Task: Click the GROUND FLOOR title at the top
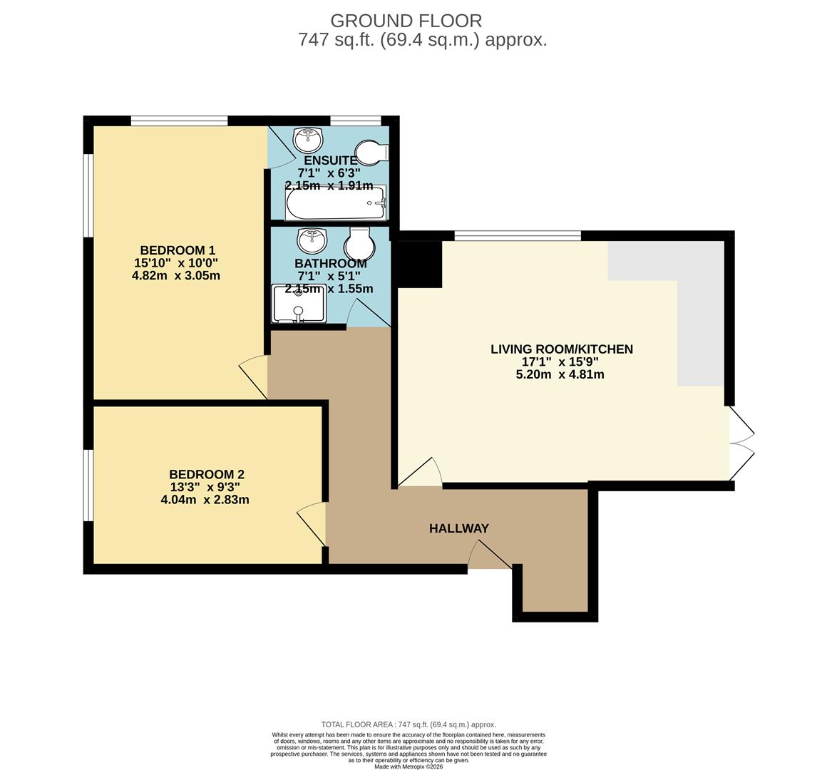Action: [406, 21]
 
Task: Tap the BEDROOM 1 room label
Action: [178, 250]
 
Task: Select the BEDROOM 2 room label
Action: [206, 474]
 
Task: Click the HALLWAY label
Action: [458, 528]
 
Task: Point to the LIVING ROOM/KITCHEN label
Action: [561, 349]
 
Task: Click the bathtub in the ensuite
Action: [335, 204]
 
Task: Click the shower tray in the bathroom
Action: [299, 304]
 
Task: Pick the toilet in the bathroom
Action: [359, 245]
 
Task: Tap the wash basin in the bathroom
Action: [312, 240]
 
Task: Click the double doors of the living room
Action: [741, 443]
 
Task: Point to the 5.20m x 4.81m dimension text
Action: [560, 374]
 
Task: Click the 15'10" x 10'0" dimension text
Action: [176, 263]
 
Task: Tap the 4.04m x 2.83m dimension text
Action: [205, 500]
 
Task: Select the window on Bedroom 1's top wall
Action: [179, 120]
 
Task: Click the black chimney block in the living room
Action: [419, 264]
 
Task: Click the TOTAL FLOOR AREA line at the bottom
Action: [408, 724]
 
